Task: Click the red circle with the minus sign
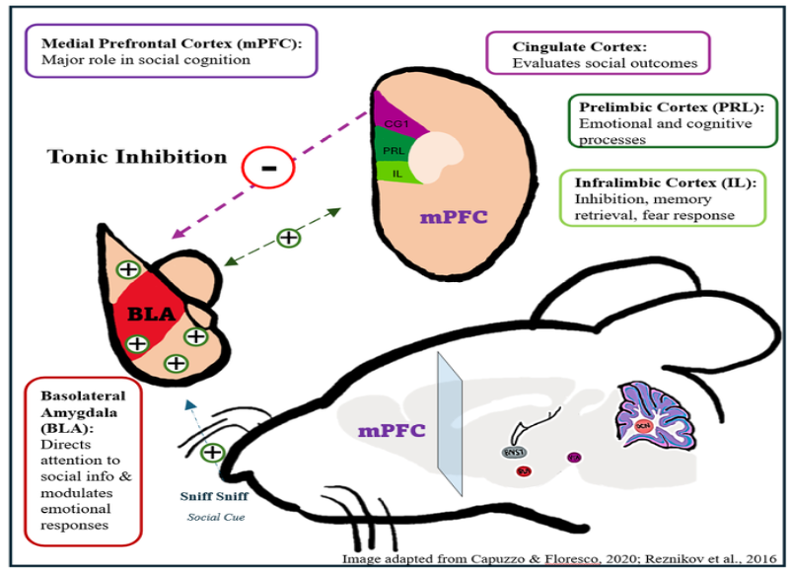coord(268,167)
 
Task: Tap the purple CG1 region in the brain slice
coord(397,122)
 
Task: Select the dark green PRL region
coord(393,151)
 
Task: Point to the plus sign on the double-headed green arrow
coord(288,237)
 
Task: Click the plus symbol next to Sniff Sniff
coord(212,453)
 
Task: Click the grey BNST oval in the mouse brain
coord(515,453)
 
